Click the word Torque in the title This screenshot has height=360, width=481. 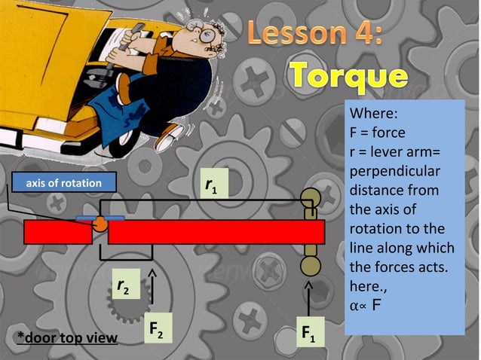348,77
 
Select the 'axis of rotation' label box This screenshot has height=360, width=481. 63,183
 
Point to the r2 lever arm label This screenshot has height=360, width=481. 124,287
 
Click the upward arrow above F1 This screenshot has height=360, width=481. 309,296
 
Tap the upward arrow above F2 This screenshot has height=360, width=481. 154,280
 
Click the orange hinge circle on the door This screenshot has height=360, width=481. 100,224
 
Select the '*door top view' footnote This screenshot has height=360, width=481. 67,337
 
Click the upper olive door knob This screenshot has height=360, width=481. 310,199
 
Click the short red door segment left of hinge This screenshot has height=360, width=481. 57,233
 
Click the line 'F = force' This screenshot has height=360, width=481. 377,133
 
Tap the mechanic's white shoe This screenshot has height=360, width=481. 170,136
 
